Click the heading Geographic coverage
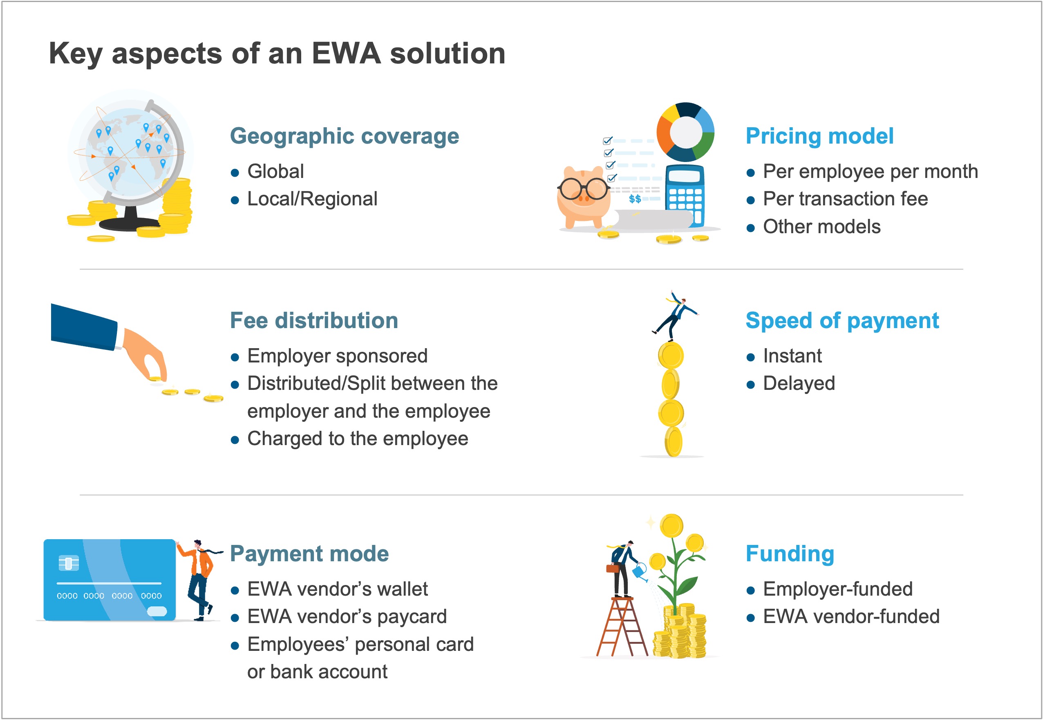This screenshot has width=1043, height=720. [x=345, y=136]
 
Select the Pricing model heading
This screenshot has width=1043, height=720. [x=819, y=136]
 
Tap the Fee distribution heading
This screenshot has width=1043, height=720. [x=314, y=320]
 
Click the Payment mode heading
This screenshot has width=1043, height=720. [x=309, y=553]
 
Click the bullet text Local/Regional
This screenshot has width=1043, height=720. [x=312, y=199]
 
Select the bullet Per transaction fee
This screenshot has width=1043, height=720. [x=845, y=199]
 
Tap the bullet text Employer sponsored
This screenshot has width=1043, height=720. [x=338, y=356]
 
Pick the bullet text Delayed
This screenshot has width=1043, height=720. [x=799, y=383]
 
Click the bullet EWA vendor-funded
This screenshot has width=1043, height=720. [x=851, y=616]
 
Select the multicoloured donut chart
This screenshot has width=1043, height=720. [x=685, y=132]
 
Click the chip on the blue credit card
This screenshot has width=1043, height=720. [x=69, y=563]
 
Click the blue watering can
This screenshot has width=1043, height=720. [x=640, y=571]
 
